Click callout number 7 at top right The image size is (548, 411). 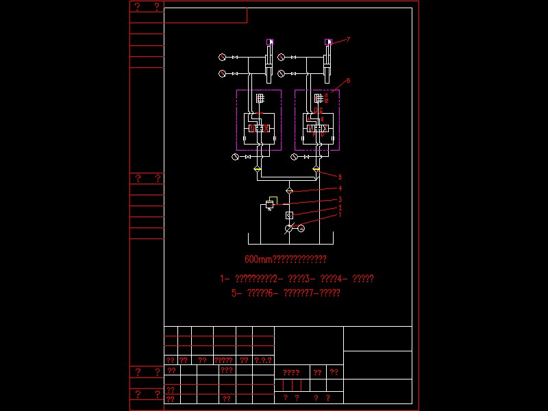[x=348, y=40]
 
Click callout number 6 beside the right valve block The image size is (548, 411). [x=348, y=80]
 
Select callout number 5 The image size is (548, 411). [x=340, y=177]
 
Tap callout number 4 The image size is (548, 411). [x=340, y=188]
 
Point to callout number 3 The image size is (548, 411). [x=340, y=199]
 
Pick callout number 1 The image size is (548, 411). [x=340, y=214]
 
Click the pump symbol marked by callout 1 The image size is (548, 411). [x=289, y=228]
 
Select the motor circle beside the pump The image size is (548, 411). [x=301, y=228]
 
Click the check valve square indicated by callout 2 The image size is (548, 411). [x=289, y=215]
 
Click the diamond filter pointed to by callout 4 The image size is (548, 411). [x=289, y=190]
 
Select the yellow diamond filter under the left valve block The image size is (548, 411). [x=257, y=169]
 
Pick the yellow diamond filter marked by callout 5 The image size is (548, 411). [x=316, y=169]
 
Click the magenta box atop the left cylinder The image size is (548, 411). [x=270, y=42]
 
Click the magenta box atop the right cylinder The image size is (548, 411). [x=328, y=42]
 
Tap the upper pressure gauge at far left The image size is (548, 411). [x=222, y=57]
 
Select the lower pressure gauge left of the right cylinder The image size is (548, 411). [x=281, y=73]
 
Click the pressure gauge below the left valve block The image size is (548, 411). [x=235, y=158]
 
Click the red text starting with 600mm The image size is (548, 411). [x=286, y=260]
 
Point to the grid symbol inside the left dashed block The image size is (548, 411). [x=260, y=98]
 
